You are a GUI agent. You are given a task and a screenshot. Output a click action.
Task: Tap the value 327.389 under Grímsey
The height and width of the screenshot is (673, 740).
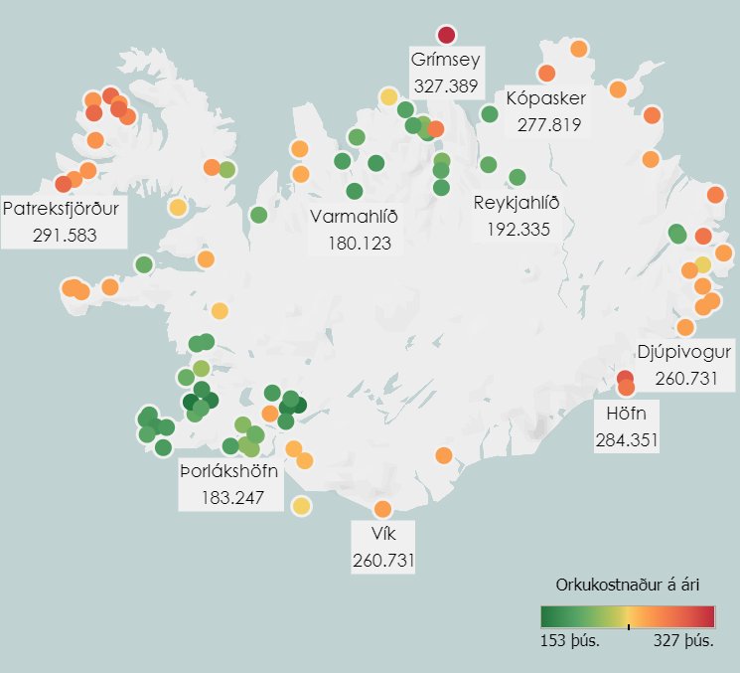pyautogui.click(x=445, y=86)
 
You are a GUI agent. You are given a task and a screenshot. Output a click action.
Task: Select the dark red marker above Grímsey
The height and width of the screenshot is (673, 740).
pyautogui.click(x=446, y=35)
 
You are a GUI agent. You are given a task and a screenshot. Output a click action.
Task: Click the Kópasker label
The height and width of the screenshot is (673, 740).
pyautogui.click(x=546, y=99)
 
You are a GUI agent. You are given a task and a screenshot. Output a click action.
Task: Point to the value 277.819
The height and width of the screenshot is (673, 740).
pyautogui.click(x=547, y=125)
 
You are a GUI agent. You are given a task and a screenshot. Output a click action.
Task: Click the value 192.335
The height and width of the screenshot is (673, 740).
pyautogui.click(x=518, y=230)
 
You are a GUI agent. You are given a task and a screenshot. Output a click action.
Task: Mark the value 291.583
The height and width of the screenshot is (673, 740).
pyautogui.click(x=63, y=236)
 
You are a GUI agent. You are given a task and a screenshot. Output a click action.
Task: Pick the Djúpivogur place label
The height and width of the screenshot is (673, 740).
pyautogui.click(x=685, y=353)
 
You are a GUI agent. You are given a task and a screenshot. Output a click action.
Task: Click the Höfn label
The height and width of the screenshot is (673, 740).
pyautogui.click(x=625, y=413)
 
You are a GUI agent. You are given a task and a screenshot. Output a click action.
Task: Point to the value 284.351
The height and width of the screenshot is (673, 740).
pyautogui.click(x=626, y=438)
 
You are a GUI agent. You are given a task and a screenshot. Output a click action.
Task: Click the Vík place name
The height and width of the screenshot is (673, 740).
pyautogui.click(x=382, y=535)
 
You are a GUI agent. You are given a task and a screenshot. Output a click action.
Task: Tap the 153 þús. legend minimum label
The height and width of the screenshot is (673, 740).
pyautogui.click(x=569, y=640)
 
